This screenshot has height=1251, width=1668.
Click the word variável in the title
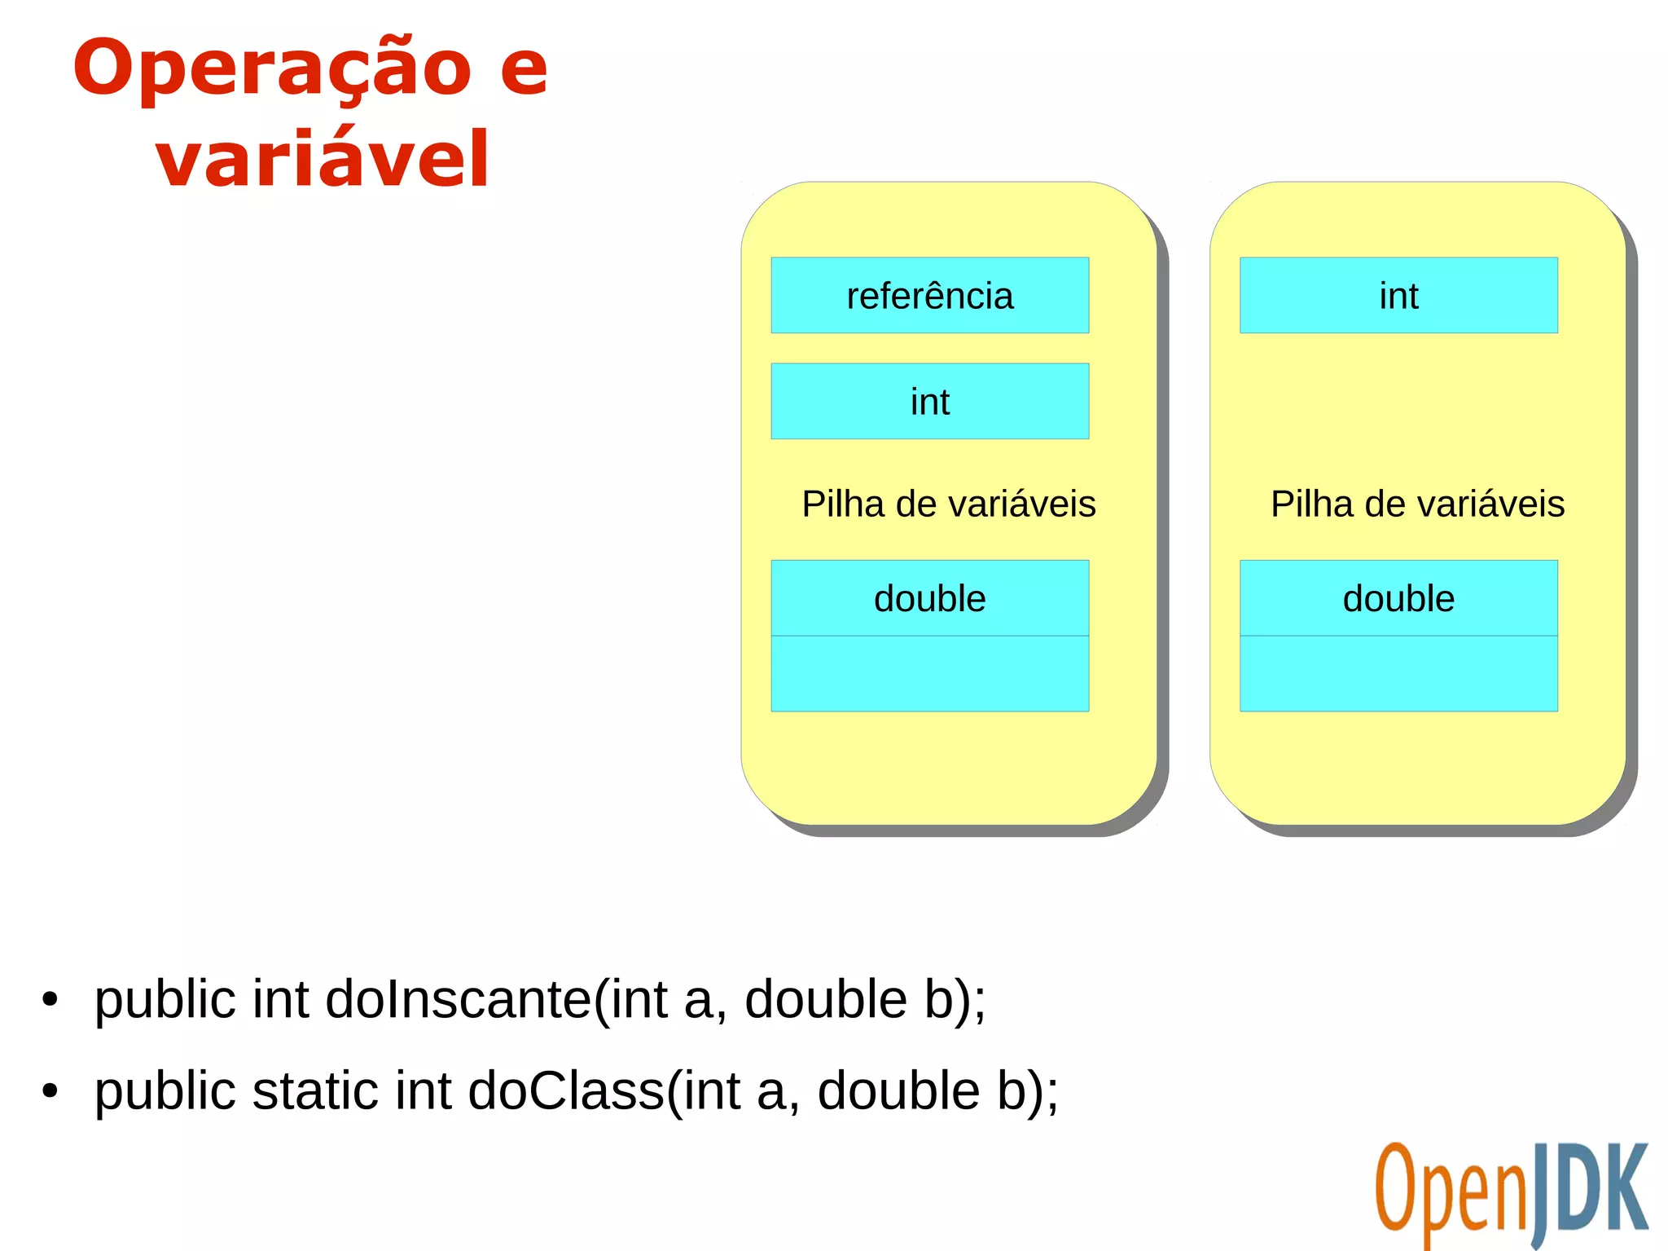[x=323, y=159]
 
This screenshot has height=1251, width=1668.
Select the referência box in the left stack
[x=929, y=296]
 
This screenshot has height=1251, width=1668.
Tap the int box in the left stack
[x=929, y=402]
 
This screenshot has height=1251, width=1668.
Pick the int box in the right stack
[x=1398, y=296]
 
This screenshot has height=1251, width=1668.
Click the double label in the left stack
[x=929, y=598]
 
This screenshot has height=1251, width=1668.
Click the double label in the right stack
[x=1398, y=598]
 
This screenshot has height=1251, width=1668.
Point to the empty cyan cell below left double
[x=929, y=674]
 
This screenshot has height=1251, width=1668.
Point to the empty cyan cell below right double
[x=1398, y=674]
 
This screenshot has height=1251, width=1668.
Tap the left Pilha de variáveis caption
[x=948, y=504]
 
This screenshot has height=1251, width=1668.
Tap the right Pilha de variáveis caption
[x=1417, y=504]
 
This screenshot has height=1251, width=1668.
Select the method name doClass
[x=566, y=1090]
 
